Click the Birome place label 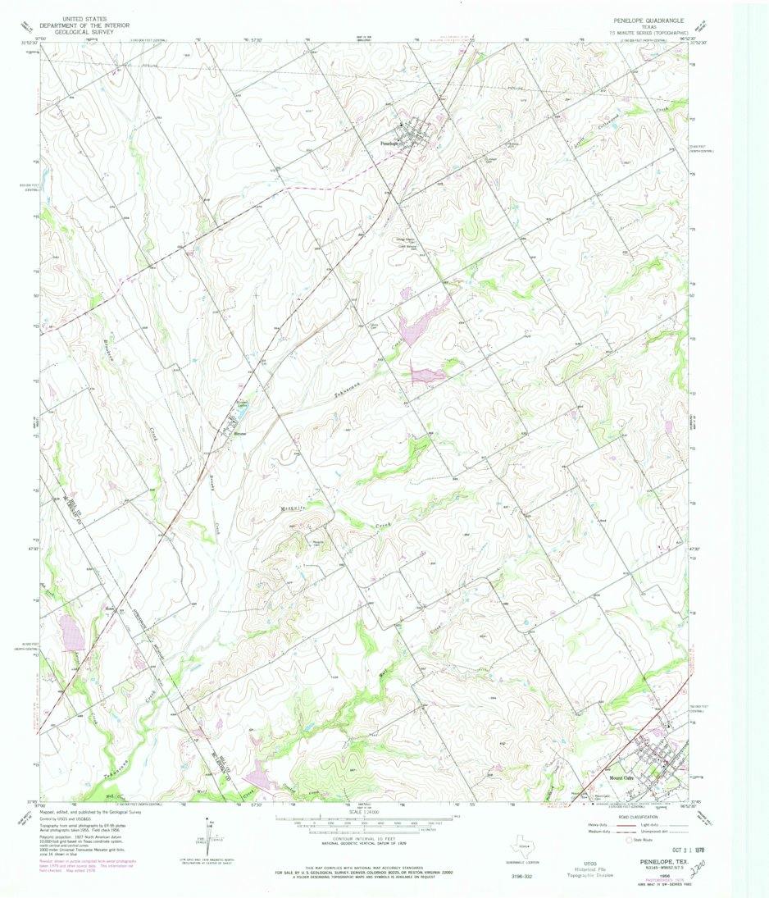pos(239,432)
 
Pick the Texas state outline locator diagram pos(522,847)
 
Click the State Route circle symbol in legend pos(630,840)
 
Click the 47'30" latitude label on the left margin pos(30,549)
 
